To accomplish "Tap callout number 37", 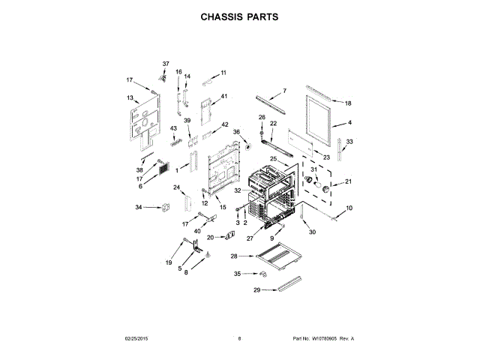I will (166, 64).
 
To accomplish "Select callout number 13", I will (130, 98).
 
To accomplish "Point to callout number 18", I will (347, 103).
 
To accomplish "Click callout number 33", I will (349, 142).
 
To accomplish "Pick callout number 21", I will (347, 181).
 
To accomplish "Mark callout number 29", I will (256, 289).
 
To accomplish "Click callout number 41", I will (223, 97).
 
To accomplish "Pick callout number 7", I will (284, 91).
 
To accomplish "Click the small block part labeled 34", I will (166, 207).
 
